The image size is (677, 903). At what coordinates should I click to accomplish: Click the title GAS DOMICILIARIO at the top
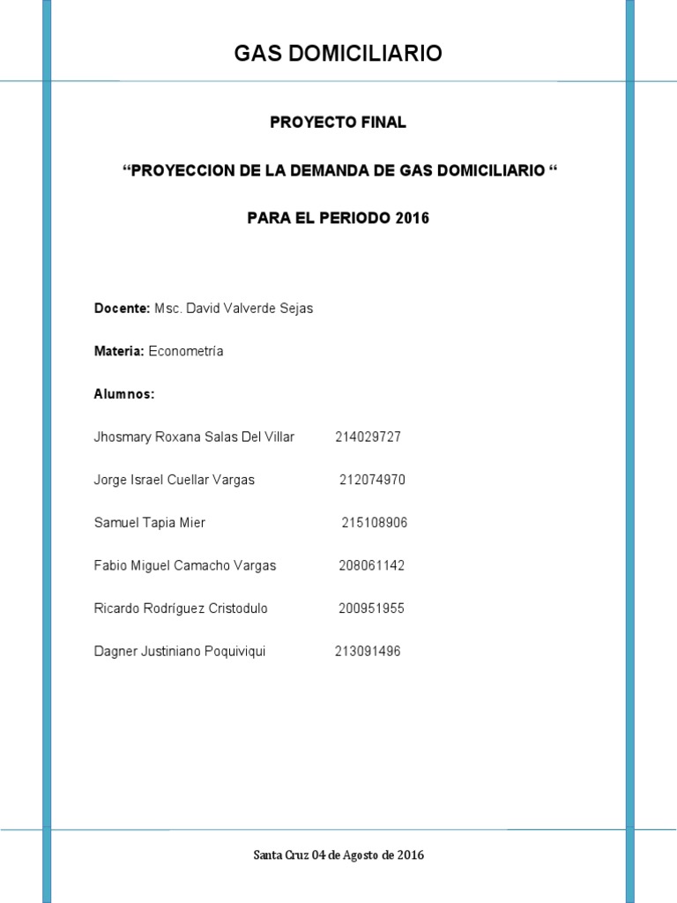338,55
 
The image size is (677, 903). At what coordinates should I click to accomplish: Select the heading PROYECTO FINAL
338,123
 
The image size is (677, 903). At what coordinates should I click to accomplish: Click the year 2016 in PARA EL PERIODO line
412,218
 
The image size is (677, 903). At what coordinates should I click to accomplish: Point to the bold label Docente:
122,309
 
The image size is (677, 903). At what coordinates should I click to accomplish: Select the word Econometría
186,351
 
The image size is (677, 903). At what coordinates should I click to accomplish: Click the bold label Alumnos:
124,394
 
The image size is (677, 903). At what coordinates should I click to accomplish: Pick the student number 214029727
368,437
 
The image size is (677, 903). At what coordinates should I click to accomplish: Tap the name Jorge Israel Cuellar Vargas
174,480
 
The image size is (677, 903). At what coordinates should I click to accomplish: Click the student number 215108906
375,523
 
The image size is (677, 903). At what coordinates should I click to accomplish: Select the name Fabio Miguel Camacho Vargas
184,565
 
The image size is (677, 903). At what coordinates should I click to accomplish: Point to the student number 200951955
371,608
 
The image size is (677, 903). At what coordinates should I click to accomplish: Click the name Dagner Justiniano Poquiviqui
179,652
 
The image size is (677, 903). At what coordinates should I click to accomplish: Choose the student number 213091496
368,652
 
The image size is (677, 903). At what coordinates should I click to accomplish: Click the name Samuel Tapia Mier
149,523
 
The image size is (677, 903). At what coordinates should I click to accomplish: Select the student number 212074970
372,480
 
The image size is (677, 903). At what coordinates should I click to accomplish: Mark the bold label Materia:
119,351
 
